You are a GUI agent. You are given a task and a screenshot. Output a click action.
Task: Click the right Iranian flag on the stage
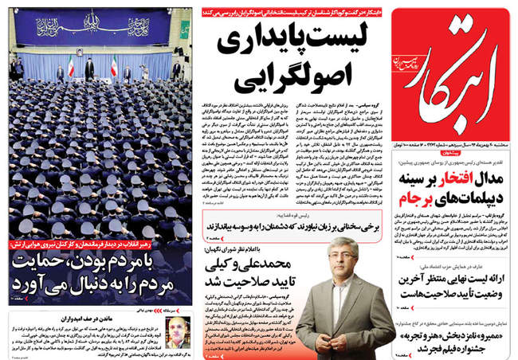click(115, 65)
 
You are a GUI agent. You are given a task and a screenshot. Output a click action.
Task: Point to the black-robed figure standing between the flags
click(89, 70)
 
